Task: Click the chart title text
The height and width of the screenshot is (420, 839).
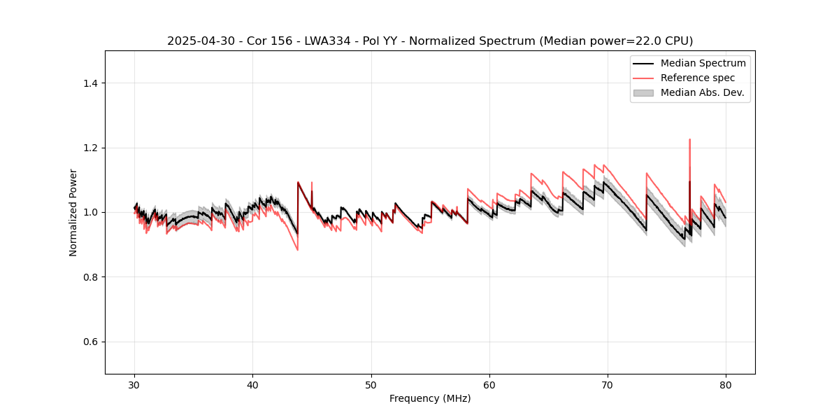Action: click(x=430, y=41)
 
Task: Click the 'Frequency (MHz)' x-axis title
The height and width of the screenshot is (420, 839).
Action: click(x=430, y=398)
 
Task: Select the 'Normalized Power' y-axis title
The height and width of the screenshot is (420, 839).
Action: click(x=73, y=212)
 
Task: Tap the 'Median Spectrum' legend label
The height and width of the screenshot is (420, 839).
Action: click(x=703, y=63)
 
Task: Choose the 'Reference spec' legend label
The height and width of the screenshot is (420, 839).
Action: click(x=698, y=78)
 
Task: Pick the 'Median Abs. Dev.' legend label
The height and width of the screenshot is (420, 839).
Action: click(x=702, y=92)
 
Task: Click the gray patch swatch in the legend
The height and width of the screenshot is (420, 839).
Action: click(x=643, y=92)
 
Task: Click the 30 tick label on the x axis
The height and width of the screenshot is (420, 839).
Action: click(x=135, y=384)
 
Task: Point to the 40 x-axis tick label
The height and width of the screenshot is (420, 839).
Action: click(x=253, y=384)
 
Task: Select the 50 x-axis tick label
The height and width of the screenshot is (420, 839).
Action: click(x=371, y=384)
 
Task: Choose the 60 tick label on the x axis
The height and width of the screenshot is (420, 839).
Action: click(x=489, y=384)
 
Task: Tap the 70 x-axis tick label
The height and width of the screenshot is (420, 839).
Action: click(x=608, y=384)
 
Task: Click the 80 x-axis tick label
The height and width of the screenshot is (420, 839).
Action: click(x=726, y=384)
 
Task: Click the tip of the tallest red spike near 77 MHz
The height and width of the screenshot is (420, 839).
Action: click(x=689, y=139)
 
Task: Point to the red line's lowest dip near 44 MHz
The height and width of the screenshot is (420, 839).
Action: click(x=297, y=250)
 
